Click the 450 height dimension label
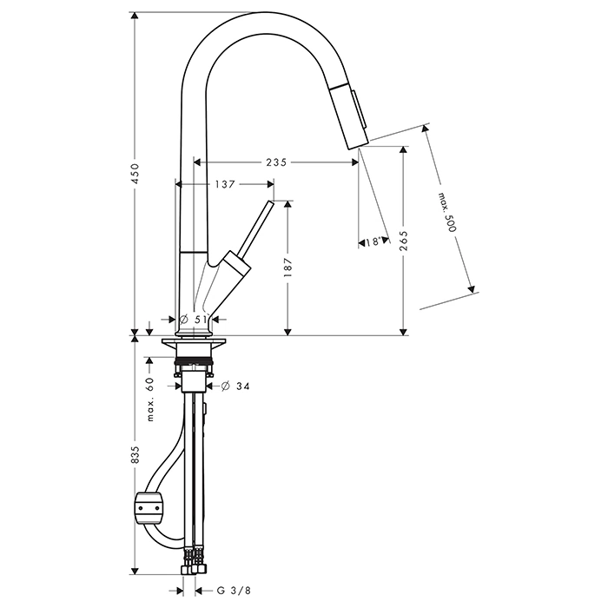click(135, 174)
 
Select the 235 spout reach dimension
click(276, 162)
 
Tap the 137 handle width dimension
click(225, 184)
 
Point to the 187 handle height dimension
click(287, 268)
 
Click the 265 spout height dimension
click(404, 241)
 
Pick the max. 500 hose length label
click(447, 212)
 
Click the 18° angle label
click(372, 242)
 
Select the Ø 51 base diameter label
click(194, 320)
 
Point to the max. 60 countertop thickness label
click(150, 399)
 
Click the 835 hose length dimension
click(135, 454)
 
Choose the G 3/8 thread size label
click(234, 591)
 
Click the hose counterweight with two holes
click(149, 507)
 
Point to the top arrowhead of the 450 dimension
click(135, 16)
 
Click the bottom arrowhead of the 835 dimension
click(135, 572)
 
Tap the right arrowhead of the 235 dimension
click(354, 162)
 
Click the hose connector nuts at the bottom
click(194, 568)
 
